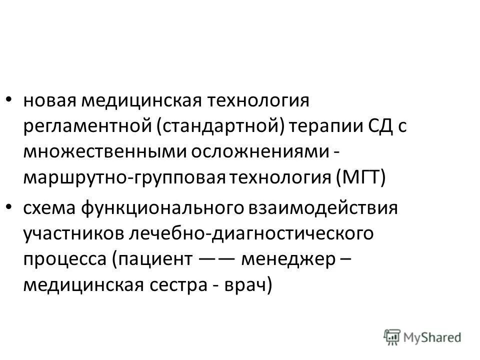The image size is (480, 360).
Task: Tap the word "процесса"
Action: (64, 260)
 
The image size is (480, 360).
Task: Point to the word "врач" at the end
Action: (244, 285)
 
